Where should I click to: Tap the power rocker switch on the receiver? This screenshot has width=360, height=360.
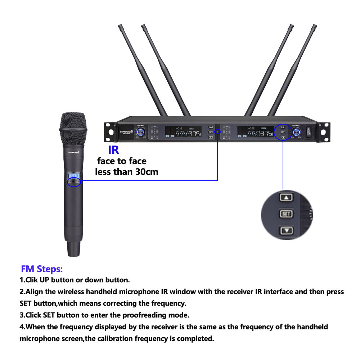click(x=309, y=131)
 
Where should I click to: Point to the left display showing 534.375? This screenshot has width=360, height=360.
click(x=183, y=132)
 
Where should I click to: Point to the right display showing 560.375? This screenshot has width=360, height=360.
click(x=254, y=132)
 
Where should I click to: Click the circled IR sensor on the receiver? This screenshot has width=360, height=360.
click(x=217, y=132)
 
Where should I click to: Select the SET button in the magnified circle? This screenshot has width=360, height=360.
click(x=287, y=214)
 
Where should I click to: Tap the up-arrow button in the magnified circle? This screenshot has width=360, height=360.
click(x=287, y=197)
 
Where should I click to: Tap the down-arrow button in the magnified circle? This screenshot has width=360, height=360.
click(x=287, y=231)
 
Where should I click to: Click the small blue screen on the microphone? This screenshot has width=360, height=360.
click(x=74, y=175)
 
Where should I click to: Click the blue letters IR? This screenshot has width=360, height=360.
click(x=113, y=150)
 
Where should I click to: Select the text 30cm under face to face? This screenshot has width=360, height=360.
click(x=145, y=172)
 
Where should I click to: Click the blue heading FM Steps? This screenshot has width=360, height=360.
click(x=42, y=269)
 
